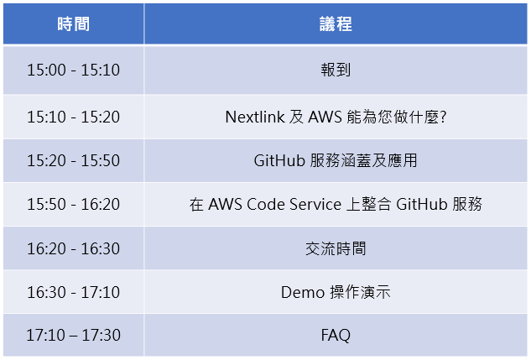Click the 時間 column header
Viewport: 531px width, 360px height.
(74, 24)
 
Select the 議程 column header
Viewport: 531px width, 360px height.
(336, 24)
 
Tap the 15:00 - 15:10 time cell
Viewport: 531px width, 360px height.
(74, 70)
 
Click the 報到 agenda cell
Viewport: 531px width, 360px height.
(336, 70)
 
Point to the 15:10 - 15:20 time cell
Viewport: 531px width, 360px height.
(74, 117)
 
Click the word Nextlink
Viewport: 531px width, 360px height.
(255, 117)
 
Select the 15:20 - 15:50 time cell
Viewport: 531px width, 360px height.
(74, 160)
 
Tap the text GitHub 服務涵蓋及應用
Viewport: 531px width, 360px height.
(336, 160)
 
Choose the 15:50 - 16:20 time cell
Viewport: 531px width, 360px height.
(74, 204)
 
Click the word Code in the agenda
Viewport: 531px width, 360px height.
(265, 205)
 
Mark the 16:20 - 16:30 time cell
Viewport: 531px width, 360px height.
(74, 248)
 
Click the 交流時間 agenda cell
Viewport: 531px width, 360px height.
(336, 248)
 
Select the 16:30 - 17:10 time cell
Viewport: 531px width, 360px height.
(74, 292)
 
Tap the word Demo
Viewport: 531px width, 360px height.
(303, 293)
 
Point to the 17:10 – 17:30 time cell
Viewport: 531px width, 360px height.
(74, 336)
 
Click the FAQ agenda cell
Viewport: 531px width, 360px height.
(336, 336)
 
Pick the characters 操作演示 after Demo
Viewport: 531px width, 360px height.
(361, 292)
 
